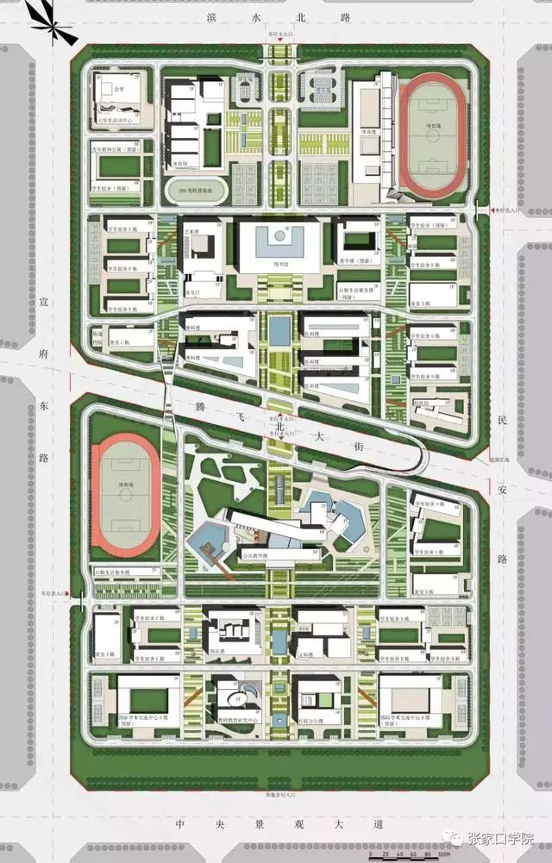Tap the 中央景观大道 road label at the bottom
pyautogui.click(x=276, y=823)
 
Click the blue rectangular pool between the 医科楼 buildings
pyautogui.click(x=279, y=329)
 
